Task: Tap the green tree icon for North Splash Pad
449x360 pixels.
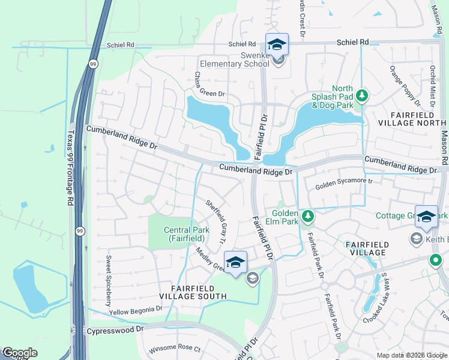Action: point(361,95)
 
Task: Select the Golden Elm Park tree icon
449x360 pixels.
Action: point(307,215)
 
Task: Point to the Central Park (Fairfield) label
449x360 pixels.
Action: point(186,234)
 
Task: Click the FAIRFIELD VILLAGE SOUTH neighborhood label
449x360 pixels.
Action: point(193,292)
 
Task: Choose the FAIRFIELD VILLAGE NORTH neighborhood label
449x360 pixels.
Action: point(411,119)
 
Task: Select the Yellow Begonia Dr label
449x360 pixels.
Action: point(136,310)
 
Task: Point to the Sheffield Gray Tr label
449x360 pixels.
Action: point(215,222)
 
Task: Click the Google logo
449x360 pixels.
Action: point(19,353)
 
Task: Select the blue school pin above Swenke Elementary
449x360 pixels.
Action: point(277,44)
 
